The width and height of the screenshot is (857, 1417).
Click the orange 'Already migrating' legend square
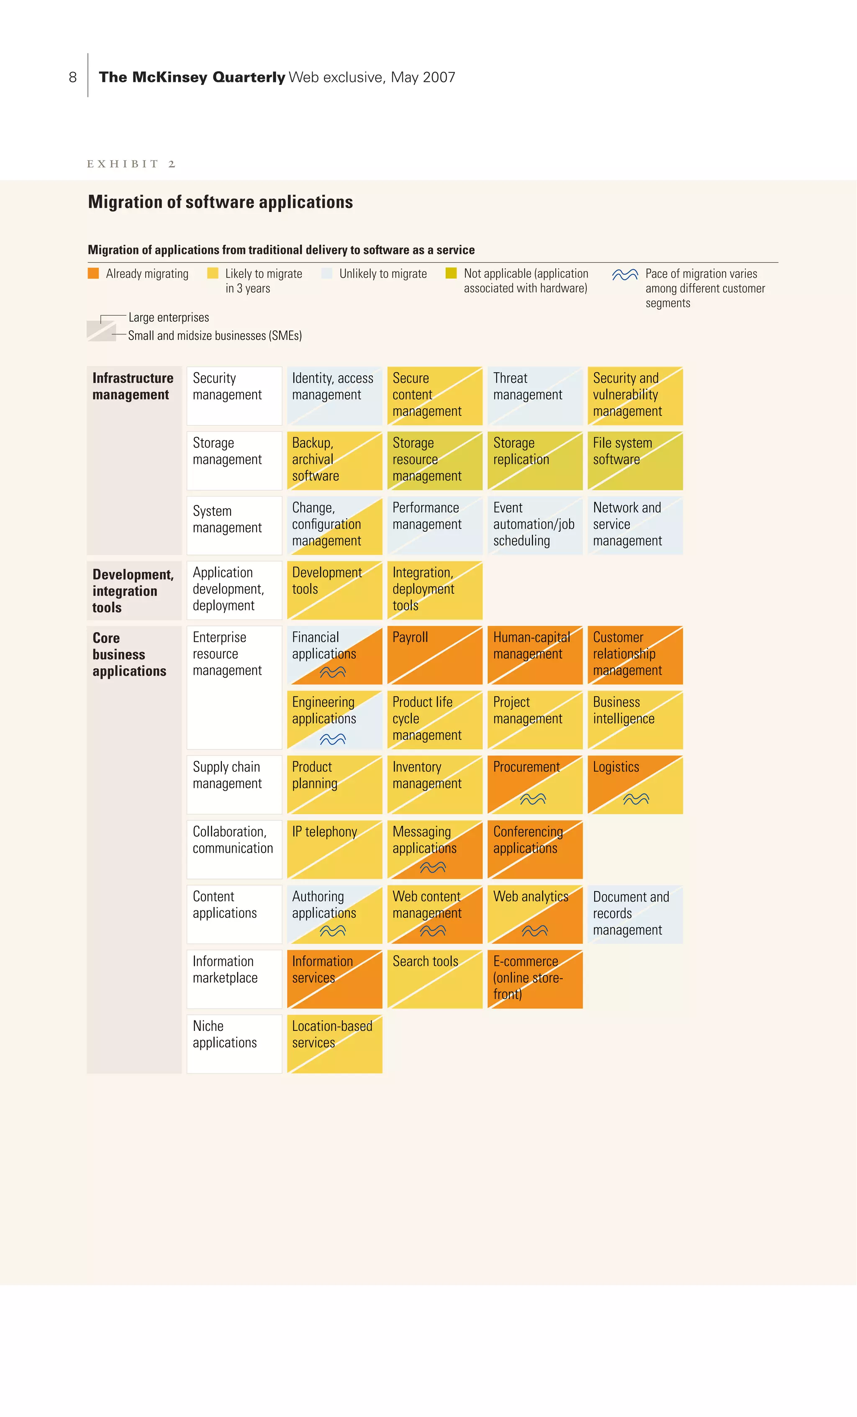(x=93, y=273)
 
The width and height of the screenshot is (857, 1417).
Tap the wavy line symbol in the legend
(x=625, y=274)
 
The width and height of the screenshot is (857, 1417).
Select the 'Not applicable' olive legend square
(x=451, y=273)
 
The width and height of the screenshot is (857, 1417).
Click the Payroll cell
(x=435, y=655)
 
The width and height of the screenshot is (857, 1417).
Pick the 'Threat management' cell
(x=535, y=396)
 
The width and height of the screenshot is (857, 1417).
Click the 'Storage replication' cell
(x=535, y=461)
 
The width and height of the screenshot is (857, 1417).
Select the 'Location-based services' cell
(x=335, y=1044)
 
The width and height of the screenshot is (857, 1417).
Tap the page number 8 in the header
(x=72, y=77)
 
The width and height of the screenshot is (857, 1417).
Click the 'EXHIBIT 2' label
(x=131, y=164)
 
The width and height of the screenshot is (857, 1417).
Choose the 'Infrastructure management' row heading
(x=133, y=387)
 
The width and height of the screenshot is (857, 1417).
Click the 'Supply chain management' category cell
(x=234, y=784)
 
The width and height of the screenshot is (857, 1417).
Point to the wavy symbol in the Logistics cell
(x=636, y=799)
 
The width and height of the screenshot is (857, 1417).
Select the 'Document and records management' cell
(x=635, y=914)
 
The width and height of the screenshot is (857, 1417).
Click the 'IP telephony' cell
(x=335, y=849)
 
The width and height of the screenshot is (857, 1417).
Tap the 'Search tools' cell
(x=435, y=979)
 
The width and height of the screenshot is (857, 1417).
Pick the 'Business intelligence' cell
(x=635, y=720)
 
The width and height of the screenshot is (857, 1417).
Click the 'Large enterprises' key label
(x=169, y=318)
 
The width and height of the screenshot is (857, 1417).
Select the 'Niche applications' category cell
(x=234, y=1044)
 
